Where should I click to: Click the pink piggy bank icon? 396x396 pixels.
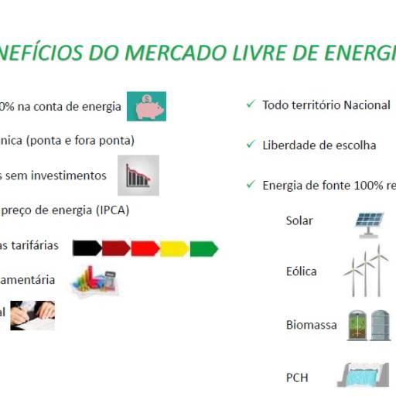tap(145, 107)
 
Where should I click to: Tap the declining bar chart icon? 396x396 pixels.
tap(138, 176)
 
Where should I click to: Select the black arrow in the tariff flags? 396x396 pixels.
tap(87, 248)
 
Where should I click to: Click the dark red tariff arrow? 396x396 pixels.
tap(115, 248)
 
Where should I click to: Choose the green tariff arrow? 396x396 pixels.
tap(203, 248)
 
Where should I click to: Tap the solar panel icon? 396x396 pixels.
tap(370, 221)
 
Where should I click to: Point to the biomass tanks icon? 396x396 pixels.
tap(367, 325)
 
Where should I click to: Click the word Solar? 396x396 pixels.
tap(299, 220)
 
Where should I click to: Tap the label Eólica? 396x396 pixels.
tap(301, 271)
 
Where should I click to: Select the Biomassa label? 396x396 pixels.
tap(311, 325)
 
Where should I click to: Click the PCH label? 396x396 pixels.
tap(297, 377)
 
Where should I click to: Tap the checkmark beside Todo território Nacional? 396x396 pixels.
tap(250, 104)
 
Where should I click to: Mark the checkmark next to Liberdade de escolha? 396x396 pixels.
tap(250, 144)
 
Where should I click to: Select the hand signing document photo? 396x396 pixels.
tap(32, 314)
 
